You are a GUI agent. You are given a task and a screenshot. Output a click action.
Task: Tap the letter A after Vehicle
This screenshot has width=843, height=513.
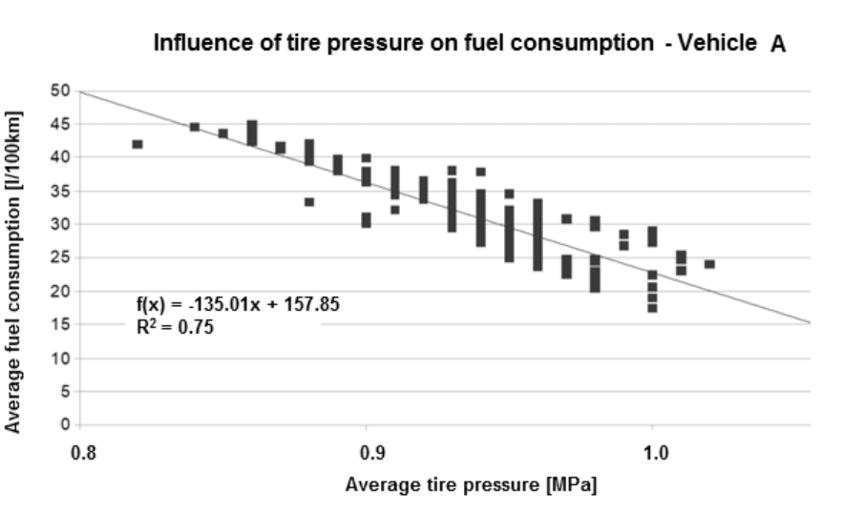pos(778,45)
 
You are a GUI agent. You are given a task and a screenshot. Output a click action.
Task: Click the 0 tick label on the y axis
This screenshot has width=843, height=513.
pos(64,424)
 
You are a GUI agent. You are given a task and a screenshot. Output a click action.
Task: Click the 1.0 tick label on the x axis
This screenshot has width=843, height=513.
pos(652,450)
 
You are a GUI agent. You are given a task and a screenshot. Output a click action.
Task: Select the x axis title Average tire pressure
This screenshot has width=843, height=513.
pos(471,484)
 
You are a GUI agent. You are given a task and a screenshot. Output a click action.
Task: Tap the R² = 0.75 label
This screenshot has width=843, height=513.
pos(173,327)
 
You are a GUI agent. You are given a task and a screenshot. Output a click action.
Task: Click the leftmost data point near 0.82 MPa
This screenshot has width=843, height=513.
pos(137,144)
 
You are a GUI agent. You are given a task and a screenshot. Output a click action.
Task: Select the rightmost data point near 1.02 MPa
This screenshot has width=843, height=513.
pos(709,264)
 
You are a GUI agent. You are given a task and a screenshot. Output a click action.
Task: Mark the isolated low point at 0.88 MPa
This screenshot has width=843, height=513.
pos(309,201)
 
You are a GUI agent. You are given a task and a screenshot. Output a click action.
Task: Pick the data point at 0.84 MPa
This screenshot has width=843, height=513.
pos(195,127)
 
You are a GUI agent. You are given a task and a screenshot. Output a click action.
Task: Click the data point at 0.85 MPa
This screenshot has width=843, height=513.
pos(223,133)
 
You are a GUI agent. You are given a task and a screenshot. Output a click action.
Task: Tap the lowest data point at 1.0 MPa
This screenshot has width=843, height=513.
pos(652,308)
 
